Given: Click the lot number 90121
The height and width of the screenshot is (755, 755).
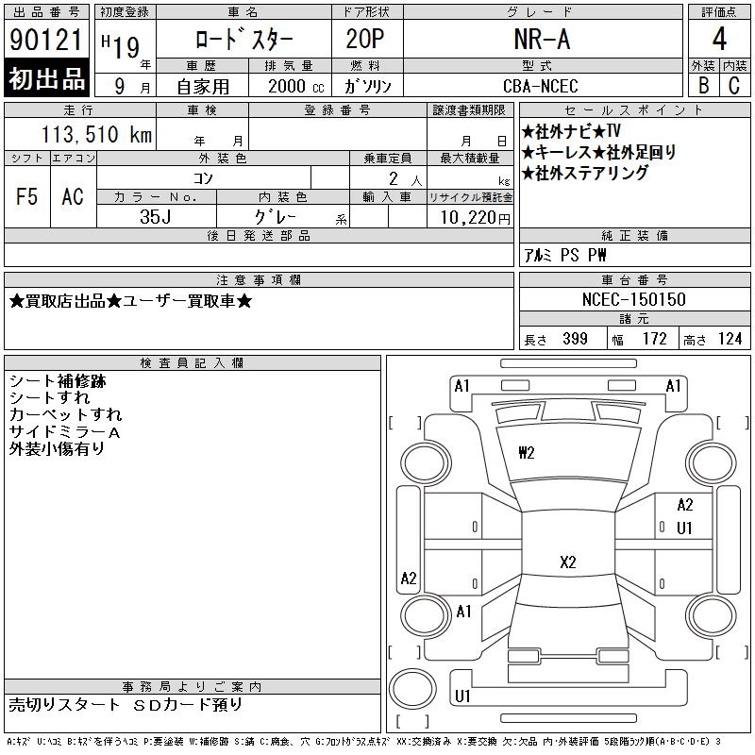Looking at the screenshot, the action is [45, 39].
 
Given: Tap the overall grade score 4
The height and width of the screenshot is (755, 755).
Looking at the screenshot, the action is [718, 39].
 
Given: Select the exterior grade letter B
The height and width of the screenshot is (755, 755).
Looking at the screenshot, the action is [702, 85].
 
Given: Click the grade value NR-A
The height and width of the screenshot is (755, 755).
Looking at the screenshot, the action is [541, 39].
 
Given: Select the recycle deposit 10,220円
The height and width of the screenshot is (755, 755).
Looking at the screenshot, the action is [470, 216].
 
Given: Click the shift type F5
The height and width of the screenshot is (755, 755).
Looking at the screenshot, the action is [26, 196].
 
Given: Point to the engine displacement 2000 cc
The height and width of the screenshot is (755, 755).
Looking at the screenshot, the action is [294, 85].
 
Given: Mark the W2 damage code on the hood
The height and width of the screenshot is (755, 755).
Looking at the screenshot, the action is [527, 452].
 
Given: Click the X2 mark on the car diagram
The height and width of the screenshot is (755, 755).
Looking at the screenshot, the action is [567, 562].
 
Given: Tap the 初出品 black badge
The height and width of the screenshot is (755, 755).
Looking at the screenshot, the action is [46, 80].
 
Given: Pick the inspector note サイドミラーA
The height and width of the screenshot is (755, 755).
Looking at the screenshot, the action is [64, 431].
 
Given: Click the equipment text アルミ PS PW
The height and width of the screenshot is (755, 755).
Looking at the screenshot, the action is [565, 255].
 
